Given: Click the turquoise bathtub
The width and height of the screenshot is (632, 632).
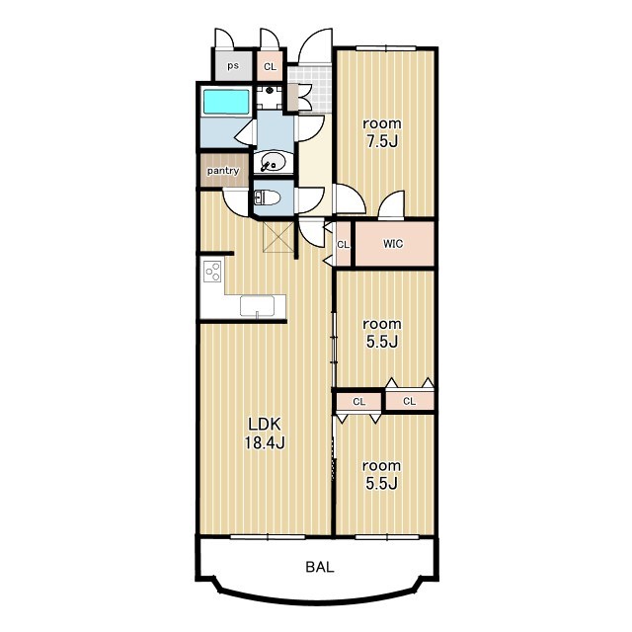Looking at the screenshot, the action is click(x=226, y=102).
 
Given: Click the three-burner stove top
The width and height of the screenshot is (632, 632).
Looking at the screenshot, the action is click(x=212, y=271).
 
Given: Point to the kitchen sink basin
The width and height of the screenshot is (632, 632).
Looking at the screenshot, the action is click(x=257, y=305).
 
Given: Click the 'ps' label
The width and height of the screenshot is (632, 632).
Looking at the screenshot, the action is click(x=233, y=65).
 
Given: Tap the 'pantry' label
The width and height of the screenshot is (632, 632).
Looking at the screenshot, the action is click(x=223, y=171).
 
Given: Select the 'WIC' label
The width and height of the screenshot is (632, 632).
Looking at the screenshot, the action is click(x=393, y=244).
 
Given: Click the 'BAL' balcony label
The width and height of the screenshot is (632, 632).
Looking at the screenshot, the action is click(x=320, y=567).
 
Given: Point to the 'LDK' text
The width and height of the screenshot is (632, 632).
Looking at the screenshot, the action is click(x=265, y=424).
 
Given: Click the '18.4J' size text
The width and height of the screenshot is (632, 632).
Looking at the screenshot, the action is click(x=265, y=443).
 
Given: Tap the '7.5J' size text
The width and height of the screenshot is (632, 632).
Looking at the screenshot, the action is click(x=382, y=142).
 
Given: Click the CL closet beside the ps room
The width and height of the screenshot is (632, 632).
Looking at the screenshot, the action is click(x=270, y=66).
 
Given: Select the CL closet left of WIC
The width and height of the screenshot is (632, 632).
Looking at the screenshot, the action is click(x=343, y=244).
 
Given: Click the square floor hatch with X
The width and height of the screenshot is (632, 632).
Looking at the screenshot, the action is click(x=278, y=237).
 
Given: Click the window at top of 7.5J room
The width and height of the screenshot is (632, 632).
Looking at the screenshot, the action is click(x=386, y=48).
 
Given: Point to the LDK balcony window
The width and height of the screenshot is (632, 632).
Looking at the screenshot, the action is click(x=268, y=537).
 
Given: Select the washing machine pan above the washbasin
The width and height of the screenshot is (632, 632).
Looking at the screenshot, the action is click(x=270, y=97).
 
